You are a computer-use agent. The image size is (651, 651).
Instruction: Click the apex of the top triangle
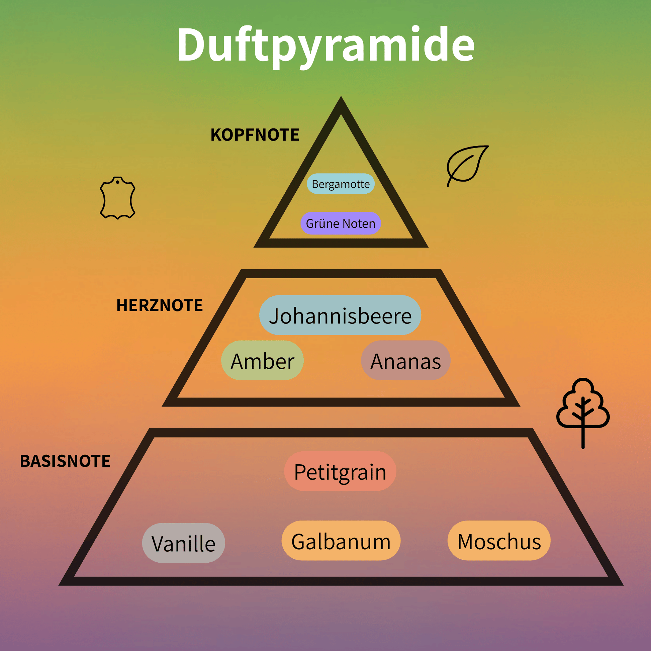pyautogui.click(x=341, y=97)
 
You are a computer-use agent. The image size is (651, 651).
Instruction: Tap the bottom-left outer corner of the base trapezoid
pyautogui.click(x=59, y=585)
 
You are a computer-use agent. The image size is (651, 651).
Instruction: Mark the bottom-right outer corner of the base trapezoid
pyautogui.click(x=623, y=585)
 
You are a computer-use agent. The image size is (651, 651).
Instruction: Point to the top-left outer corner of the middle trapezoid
pyautogui.click(x=242, y=270)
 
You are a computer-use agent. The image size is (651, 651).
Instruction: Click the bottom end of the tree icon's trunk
pyautogui.click(x=583, y=448)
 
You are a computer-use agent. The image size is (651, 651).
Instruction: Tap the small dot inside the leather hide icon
pyautogui.click(x=118, y=182)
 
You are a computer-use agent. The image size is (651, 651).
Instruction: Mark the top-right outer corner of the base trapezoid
pyautogui.click(x=533, y=429)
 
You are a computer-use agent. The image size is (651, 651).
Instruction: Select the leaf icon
pyautogui.click(x=467, y=166)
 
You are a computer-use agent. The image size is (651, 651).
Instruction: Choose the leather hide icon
pyautogui.click(x=118, y=198)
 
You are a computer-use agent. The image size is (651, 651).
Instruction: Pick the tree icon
pyautogui.click(x=583, y=413)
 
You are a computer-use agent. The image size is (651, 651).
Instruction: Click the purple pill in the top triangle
pyautogui.click(x=341, y=223)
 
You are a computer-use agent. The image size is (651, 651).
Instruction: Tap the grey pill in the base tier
pyautogui.click(x=183, y=543)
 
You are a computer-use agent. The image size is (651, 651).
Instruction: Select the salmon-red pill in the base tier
pyautogui.click(x=340, y=471)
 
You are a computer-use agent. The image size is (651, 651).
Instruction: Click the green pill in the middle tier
pyautogui.click(x=262, y=360)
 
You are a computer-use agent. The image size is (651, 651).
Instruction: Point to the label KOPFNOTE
pyautogui.click(x=255, y=135)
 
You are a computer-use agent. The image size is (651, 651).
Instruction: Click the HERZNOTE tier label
pyautogui.click(x=159, y=305)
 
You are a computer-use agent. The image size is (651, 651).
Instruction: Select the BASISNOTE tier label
pyautogui.click(x=65, y=461)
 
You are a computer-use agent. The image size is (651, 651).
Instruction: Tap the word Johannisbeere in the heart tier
pyautogui.click(x=340, y=316)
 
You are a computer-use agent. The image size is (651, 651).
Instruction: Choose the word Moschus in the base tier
pyautogui.click(x=499, y=542)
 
